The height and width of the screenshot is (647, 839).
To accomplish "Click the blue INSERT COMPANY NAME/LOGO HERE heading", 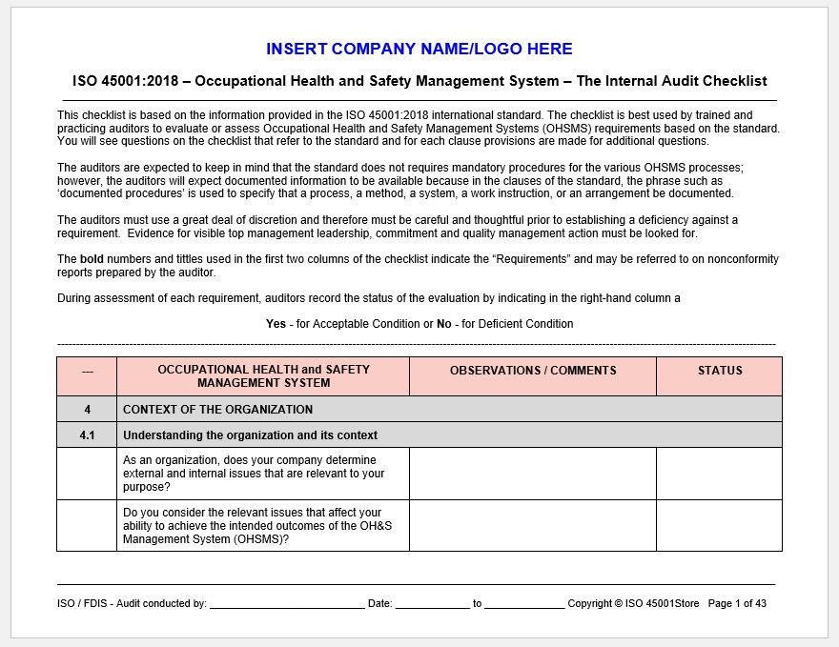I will tap(419, 49).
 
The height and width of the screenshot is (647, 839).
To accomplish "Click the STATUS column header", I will tap(719, 371).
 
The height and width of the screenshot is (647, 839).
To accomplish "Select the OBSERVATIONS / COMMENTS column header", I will tap(533, 371).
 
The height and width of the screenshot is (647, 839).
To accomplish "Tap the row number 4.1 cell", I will tap(87, 435).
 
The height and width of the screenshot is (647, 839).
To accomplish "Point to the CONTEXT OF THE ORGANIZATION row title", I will tap(217, 410).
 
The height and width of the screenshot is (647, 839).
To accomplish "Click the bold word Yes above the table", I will tap(276, 324).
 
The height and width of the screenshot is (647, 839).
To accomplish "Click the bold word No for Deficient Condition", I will tap(443, 324).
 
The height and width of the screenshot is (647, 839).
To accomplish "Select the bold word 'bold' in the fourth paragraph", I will tap(92, 259).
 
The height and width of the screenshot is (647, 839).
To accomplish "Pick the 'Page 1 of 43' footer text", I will tap(737, 603).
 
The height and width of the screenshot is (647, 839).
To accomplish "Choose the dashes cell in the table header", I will tap(87, 372).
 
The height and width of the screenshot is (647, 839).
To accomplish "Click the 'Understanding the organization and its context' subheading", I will tap(250, 435).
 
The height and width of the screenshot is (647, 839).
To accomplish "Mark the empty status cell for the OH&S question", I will tap(719, 525).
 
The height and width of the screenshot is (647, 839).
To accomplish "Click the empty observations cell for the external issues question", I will tap(533, 474).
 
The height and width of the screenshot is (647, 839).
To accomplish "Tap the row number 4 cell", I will tap(87, 410).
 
